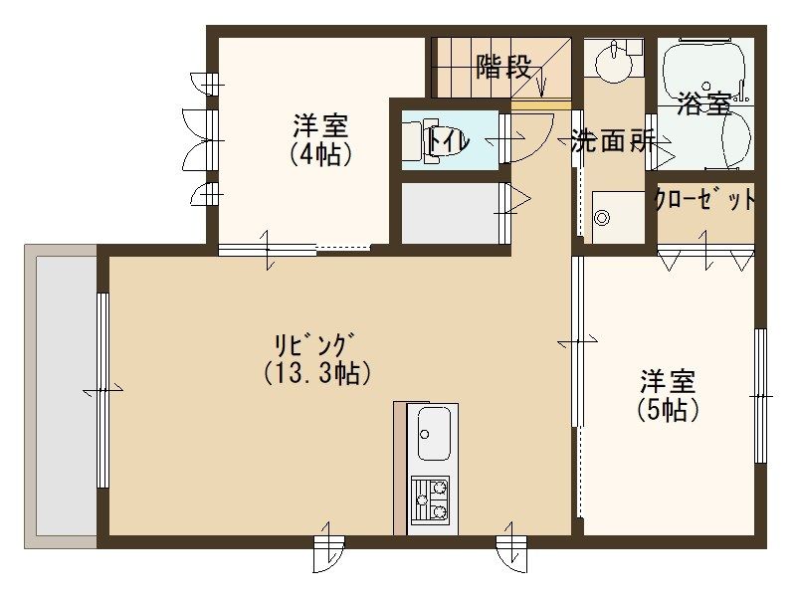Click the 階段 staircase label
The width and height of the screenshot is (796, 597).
(x=502, y=68)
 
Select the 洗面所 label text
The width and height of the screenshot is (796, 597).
(x=613, y=141)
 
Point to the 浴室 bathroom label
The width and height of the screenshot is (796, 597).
(x=703, y=103)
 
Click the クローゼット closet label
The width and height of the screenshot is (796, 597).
(x=704, y=200)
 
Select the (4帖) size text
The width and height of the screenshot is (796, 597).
(x=319, y=155)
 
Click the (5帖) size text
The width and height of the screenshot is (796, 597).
(x=666, y=409)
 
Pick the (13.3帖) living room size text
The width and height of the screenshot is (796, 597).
(x=318, y=373)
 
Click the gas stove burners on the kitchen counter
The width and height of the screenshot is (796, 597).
(x=430, y=499)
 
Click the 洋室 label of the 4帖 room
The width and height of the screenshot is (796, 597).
(x=319, y=127)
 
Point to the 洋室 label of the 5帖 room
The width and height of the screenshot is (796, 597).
(x=667, y=381)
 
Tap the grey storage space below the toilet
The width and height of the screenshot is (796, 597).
(x=449, y=211)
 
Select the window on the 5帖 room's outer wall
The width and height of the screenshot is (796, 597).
(x=760, y=396)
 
